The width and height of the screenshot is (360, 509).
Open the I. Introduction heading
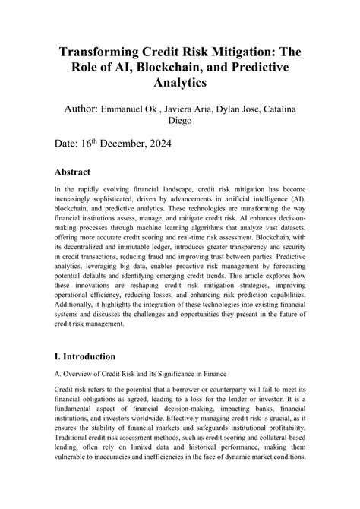click(85, 356)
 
